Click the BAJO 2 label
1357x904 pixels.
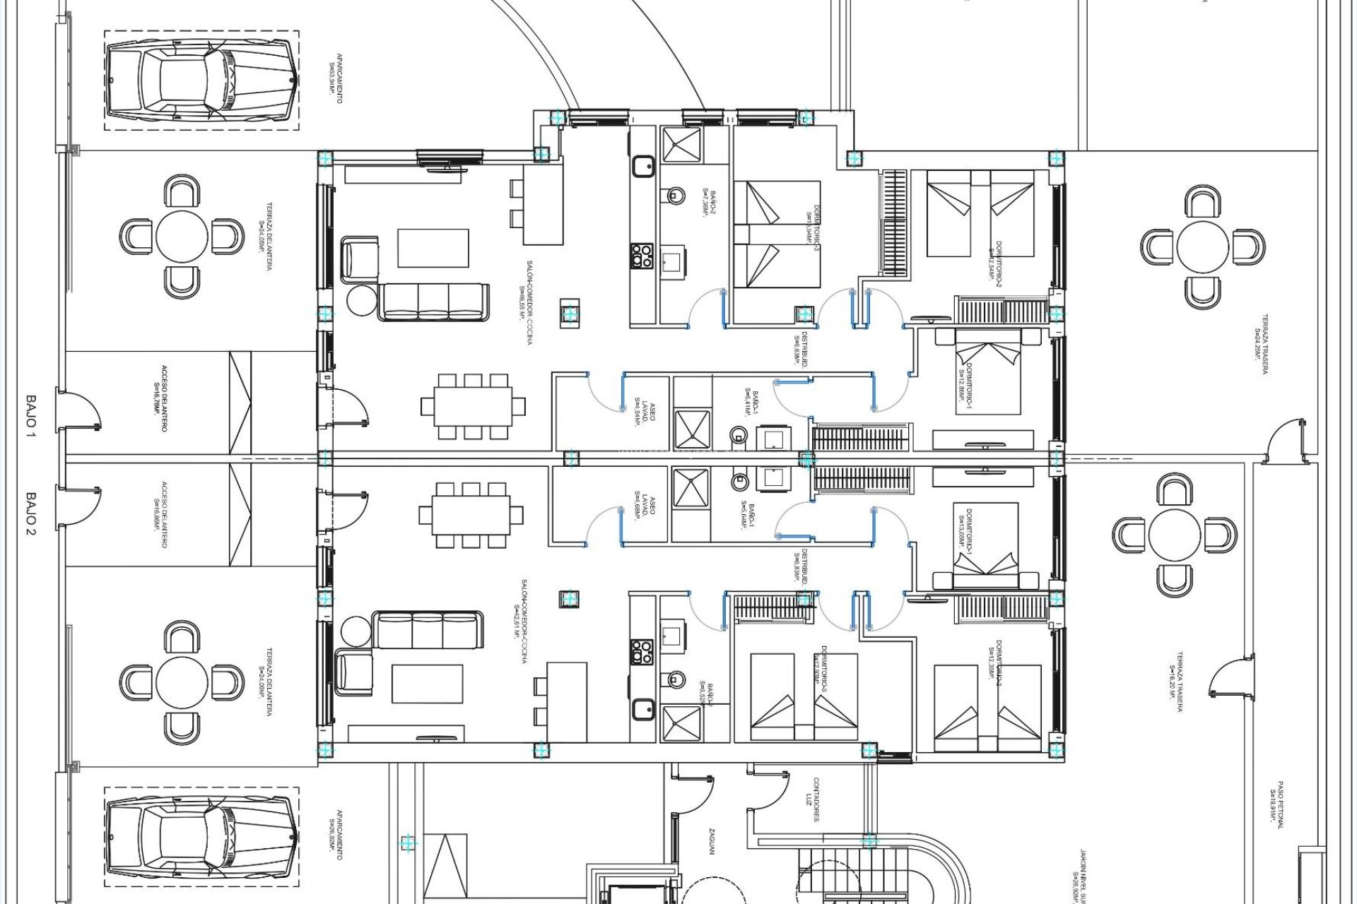[x=31, y=513]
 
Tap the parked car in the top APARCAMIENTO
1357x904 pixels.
[x=201, y=80]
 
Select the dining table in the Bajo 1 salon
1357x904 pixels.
[x=474, y=407]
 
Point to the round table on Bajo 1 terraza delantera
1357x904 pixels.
[x=182, y=236]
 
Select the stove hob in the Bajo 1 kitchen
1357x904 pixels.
[x=642, y=255]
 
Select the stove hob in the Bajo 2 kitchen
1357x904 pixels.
[x=642, y=651]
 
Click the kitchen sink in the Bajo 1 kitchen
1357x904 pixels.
[x=643, y=167]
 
